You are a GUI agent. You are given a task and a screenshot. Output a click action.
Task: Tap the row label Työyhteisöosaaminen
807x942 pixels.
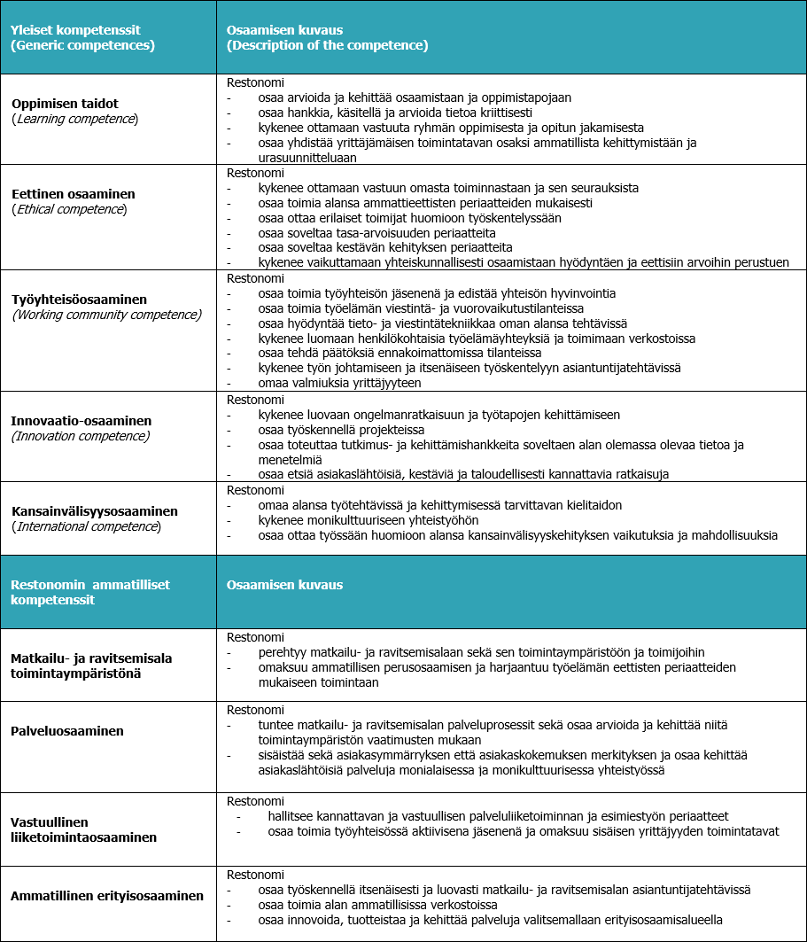coord(79,300)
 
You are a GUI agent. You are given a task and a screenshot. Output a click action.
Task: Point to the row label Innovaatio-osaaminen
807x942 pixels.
coord(81,421)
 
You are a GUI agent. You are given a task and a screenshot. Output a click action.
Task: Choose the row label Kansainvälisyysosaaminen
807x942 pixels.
coord(95,511)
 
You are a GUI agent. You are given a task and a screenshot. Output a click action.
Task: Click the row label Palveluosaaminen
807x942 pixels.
coord(66,731)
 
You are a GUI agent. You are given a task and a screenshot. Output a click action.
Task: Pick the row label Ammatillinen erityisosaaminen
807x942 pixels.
coord(107,896)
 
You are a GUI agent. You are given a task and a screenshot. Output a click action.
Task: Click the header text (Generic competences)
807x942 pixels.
coord(82,45)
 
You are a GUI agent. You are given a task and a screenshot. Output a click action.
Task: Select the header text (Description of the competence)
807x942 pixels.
coord(327,45)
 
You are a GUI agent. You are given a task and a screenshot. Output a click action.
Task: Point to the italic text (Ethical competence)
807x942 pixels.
coord(69,209)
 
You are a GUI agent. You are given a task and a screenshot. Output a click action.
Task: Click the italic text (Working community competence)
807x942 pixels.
coord(106,315)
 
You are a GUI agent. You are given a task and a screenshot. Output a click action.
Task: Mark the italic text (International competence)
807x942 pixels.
coord(86,526)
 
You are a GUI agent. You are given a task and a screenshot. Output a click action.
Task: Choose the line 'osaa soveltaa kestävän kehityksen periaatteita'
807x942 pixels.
coord(385,247)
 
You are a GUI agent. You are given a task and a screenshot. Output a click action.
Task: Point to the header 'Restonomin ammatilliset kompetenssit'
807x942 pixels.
coord(89,592)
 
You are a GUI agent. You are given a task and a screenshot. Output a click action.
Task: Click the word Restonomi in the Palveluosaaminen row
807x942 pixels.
coord(255,710)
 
